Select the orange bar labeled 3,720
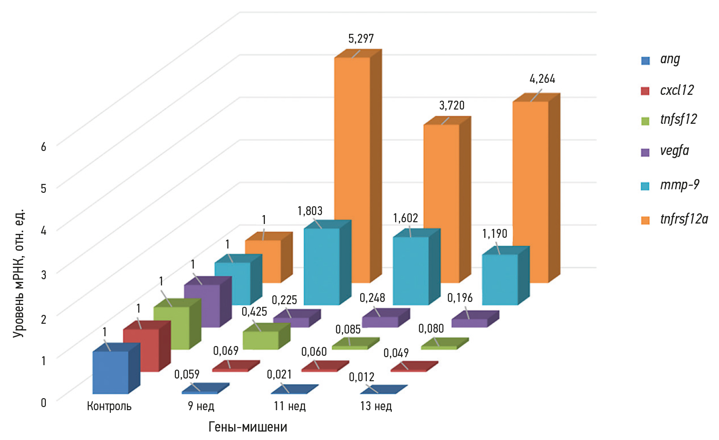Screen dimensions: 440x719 click(x=441, y=203)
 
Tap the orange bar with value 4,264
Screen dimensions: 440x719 click(x=530, y=191)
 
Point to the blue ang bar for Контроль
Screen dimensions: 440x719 click(x=110, y=372)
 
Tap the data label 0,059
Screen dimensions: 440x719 click(x=187, y=375)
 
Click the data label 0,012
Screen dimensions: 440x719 click(x=362, y=377)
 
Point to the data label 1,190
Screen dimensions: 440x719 click(x=495, y=234)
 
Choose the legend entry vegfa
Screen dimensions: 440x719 click(x=674, y=151)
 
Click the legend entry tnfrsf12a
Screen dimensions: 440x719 click(x=683, y=219)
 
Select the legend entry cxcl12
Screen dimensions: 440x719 click(x=677, y=90)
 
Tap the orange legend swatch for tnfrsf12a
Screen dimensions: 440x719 click(x=645, y=220)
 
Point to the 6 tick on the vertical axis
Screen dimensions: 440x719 click(x=43, y=147)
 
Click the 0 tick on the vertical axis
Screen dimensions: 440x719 click(x=43, y=403)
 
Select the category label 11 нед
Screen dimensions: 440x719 click(x=289, y=406)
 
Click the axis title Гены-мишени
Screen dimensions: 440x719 click(x=248, y=427)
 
